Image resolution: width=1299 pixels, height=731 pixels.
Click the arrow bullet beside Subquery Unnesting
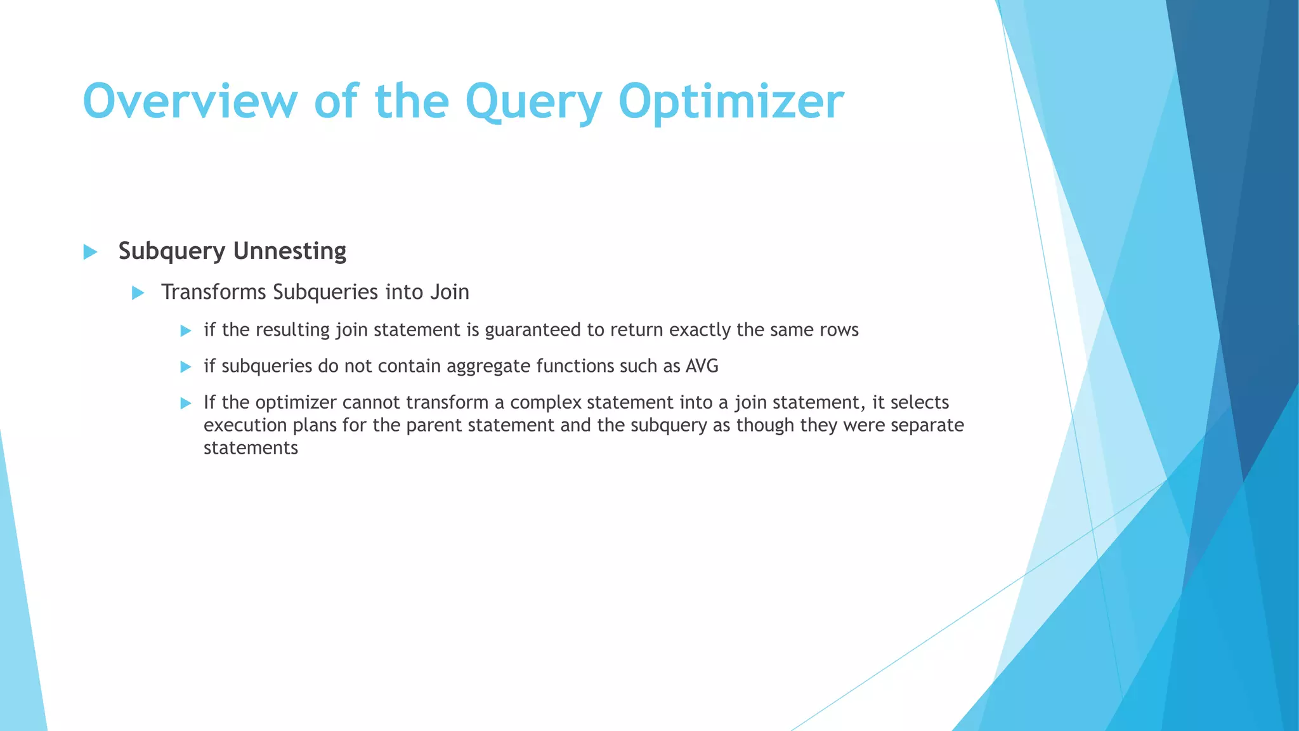pos(90,252)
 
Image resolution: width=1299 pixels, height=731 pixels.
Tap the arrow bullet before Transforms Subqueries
pos(138,293)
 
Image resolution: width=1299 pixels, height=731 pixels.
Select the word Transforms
pos(214,292)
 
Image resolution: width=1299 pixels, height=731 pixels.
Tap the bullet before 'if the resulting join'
pos(185,331)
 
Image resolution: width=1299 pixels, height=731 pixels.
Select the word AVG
pos(702,366)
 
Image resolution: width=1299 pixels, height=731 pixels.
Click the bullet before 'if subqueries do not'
pos(185,367)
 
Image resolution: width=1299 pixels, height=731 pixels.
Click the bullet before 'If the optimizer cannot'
pos(185,403)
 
